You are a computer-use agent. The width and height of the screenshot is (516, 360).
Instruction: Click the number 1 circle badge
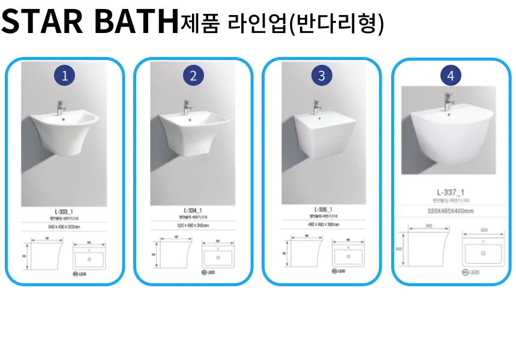pyautogui.click(x=65, y=76)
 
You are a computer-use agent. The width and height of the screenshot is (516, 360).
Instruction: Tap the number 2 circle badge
pyautogui.click(x=193, y=76)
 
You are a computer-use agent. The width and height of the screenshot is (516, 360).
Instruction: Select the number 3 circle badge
pyautogui.click(x=322, y=76)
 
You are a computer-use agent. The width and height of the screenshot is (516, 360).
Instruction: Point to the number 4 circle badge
pyautogui.click(x=451, y=76)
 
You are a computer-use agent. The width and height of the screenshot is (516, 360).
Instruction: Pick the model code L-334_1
pyautogui.click(x=193, y=211)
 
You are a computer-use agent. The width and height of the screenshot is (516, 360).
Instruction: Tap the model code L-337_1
pyautogui.click(x=451, y=192)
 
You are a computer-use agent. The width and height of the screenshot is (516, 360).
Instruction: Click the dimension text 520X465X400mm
pyautogui.click(x=451, y=211)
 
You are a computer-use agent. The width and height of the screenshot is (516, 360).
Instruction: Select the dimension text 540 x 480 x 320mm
pyautogui.click(x=64, y=227)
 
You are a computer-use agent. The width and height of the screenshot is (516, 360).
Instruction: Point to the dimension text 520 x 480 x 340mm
pyautogui.click(x=193, y=225)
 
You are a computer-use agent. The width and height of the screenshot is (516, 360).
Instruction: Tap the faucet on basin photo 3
pyautogui.click(x=316, y=108)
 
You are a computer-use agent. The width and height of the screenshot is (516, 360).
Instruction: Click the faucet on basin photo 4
pyautogui.click(x=448, y=101)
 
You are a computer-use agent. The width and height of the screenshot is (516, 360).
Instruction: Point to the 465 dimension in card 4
pyautogui.click(x=429, y=226)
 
